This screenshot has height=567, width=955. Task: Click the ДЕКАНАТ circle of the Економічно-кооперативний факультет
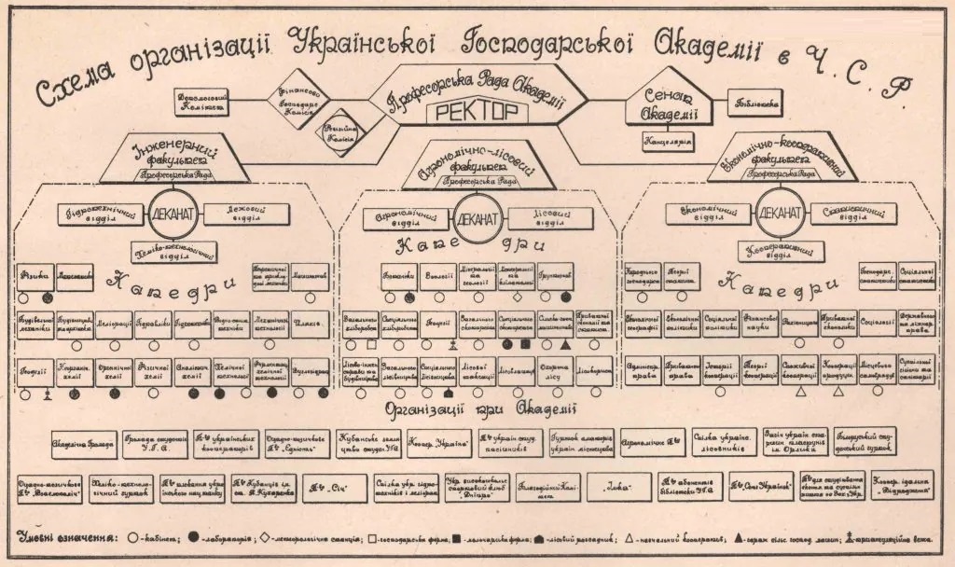tap(779, 213)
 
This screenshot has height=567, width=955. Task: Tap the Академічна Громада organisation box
tap(82, 444)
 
